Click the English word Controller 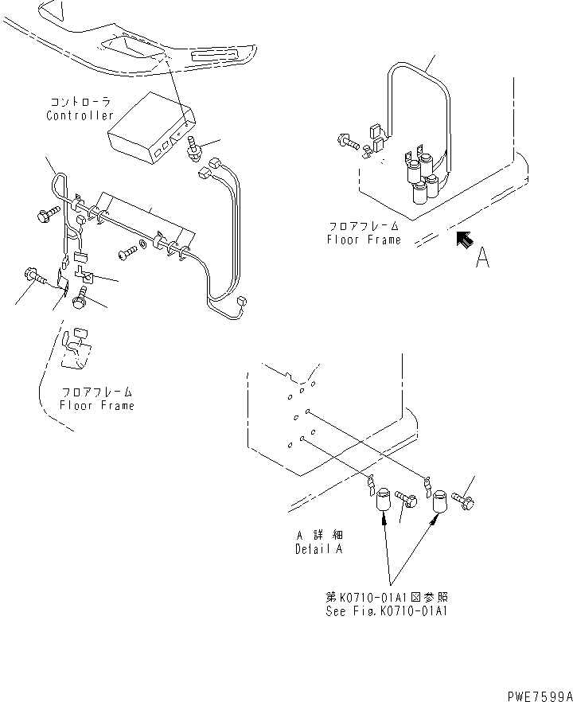pos(80,116)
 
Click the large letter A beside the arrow pos(482,259)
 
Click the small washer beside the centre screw pos(142,244)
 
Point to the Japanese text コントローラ pos(80,103)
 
